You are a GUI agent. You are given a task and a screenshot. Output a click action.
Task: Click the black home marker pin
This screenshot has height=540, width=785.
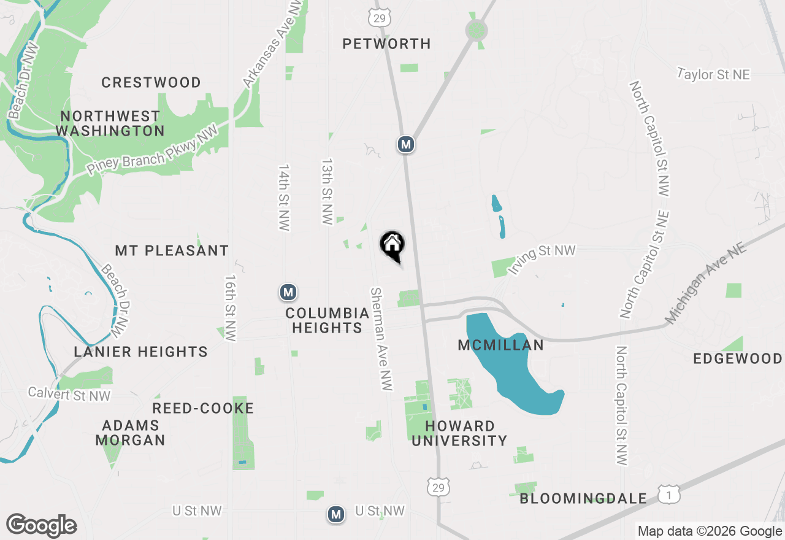point(392,245)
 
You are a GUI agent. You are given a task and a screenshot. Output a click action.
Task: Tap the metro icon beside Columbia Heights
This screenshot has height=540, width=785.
point(288,292)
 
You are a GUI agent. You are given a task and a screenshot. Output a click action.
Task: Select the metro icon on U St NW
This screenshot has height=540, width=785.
point(335,514)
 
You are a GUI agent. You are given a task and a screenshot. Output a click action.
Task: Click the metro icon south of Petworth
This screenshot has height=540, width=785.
point(405,144)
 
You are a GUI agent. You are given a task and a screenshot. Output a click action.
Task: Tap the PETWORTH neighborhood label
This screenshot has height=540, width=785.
point(386,44)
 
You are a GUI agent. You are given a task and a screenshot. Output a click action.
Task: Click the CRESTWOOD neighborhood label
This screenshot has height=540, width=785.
point(151,82)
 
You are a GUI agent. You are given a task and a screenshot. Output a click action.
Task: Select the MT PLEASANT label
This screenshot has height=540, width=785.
point(172,250)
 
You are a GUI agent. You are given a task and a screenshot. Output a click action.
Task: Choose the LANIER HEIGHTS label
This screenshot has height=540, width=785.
point(140,352)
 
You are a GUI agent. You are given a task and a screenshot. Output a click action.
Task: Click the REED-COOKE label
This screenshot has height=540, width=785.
point(203,409)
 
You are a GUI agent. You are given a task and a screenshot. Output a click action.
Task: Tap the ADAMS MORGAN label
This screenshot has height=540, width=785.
point(130,433)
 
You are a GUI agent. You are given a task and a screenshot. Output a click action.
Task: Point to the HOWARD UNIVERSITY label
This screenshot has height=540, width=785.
point(459,433)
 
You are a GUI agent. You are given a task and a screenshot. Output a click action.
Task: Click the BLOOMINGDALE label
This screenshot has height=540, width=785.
point(583,498)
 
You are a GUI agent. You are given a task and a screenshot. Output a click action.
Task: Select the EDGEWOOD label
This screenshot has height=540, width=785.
point(738,358)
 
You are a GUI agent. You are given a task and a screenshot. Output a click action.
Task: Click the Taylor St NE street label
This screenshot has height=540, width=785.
point(714,75)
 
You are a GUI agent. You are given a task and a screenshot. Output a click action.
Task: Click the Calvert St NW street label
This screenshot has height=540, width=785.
point(70,395)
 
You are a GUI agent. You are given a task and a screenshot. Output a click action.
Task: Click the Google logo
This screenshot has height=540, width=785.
point(41,525)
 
